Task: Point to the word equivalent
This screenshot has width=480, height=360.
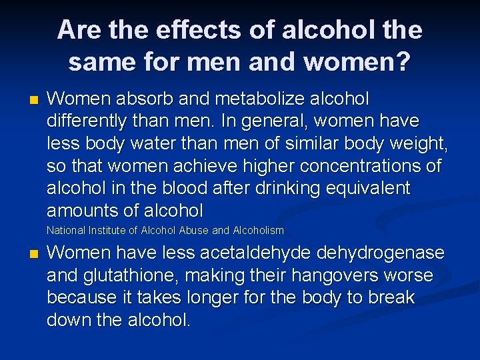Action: [368, 189]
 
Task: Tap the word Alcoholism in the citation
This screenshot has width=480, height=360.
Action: [257, 231]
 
